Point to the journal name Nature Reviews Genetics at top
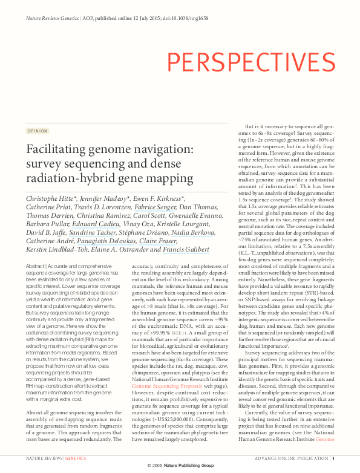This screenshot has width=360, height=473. point(52,19)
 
